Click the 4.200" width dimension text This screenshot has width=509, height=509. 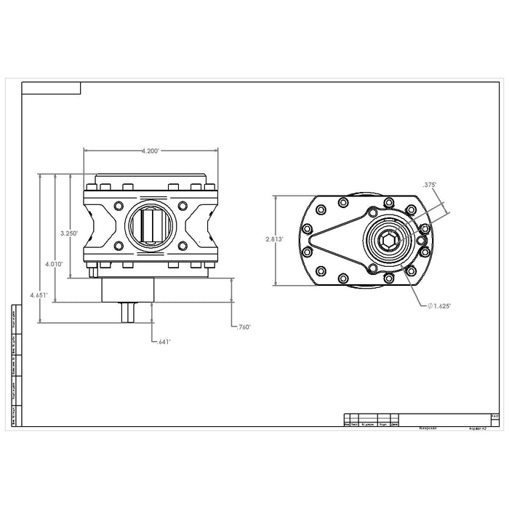point(151,151)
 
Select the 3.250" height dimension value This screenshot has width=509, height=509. point(70,233)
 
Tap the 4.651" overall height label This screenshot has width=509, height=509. point(39,296)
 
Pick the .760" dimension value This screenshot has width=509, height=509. point(244,327)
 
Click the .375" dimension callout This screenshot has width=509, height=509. point(428,185)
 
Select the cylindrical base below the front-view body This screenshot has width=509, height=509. point(128,289)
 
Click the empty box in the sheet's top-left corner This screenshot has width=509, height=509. point(51,89)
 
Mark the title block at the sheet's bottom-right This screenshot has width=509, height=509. point(422,422)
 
